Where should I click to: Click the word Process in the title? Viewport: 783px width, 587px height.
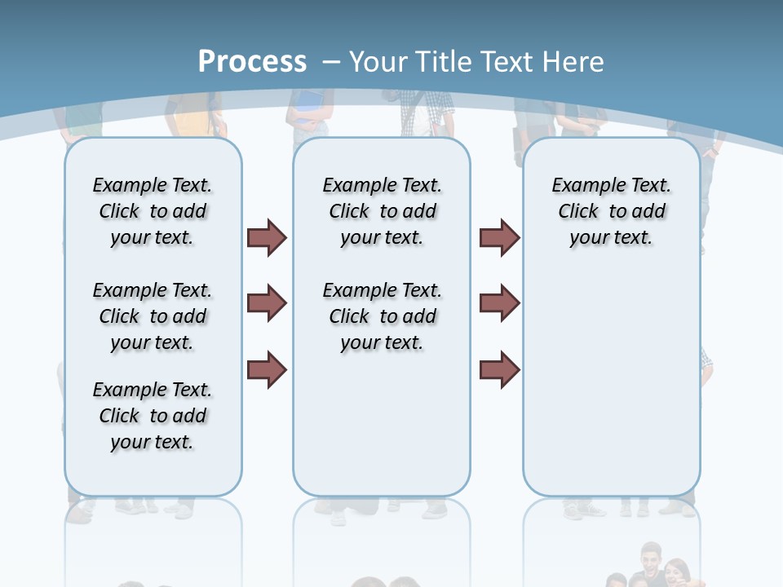click(252, 61)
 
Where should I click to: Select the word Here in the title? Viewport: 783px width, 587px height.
click(573, 61)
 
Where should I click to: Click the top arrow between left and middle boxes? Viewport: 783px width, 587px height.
click(267, 237)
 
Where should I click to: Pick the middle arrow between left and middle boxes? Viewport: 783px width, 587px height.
click(267, 303)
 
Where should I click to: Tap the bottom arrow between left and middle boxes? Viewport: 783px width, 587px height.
click(267, 369)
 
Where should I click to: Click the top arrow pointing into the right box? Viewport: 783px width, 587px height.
click(499, 237)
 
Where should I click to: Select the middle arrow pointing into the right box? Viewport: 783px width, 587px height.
click(499, 303)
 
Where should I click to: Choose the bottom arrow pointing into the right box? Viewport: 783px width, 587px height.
click(499, 369)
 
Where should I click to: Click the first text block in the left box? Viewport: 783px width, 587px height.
click(153, 211)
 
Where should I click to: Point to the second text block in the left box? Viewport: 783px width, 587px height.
click(153, 316)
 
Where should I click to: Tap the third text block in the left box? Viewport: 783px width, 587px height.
click(153, 416)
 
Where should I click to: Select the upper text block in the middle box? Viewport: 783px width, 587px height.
click(383, 211)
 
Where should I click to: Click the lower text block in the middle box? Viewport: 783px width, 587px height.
click(383, 316)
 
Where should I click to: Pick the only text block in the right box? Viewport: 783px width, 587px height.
click(612, 211)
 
